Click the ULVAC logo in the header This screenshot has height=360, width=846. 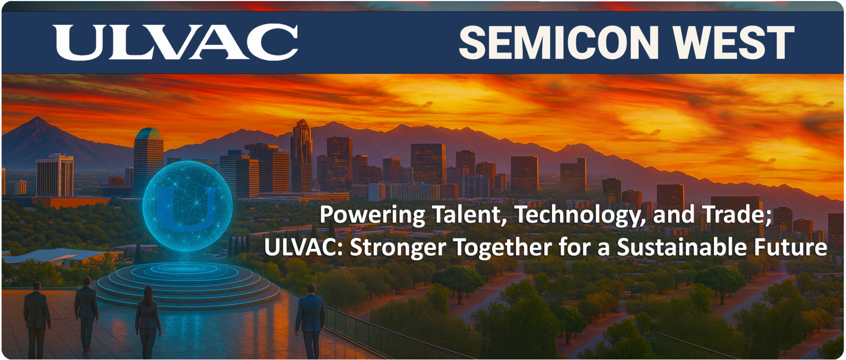point(175,42)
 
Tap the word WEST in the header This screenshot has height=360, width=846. point(734,43)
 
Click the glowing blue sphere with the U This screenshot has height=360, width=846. point(187,206)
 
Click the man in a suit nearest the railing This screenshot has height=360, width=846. point(310,321)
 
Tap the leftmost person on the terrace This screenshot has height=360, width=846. point(36,320)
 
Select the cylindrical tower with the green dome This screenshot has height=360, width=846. point(149,161)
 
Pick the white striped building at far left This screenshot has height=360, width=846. point(55,175)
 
